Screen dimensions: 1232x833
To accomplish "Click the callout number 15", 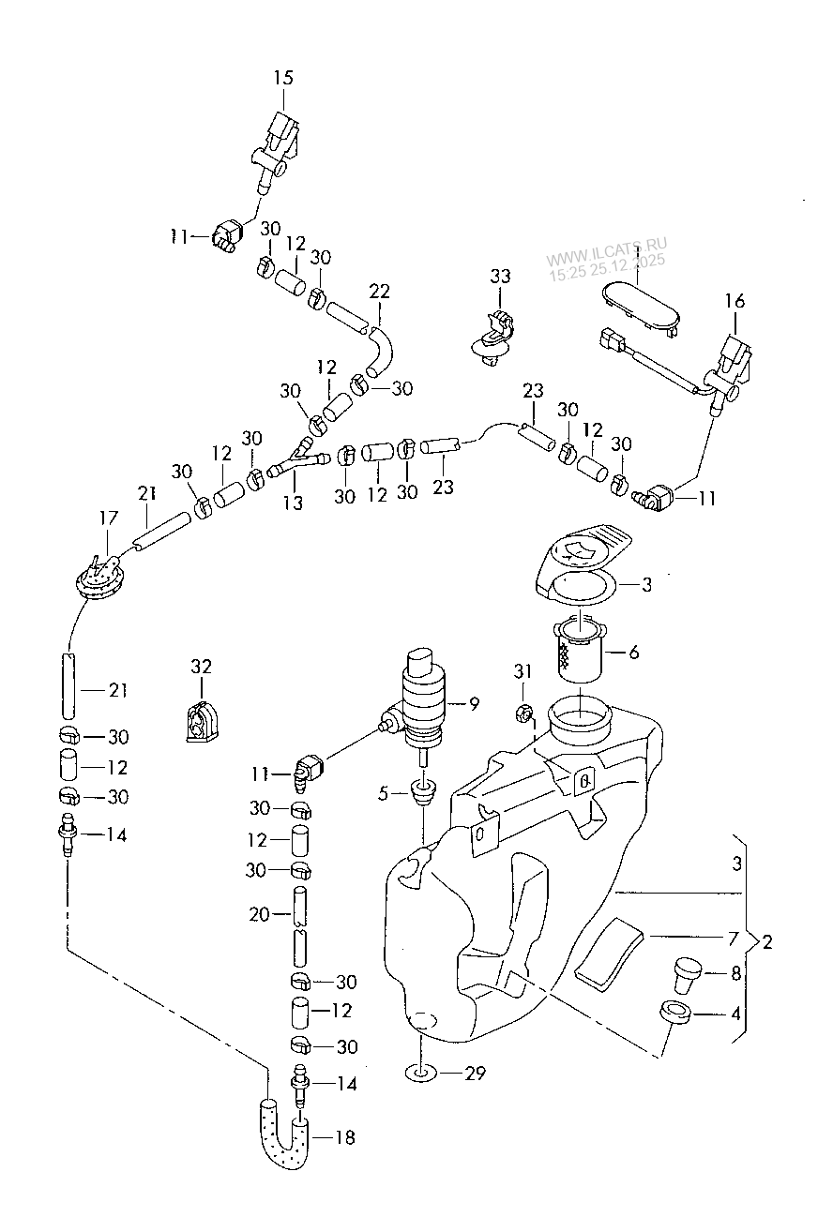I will (x=283, y=78).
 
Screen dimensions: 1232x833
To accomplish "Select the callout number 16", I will (x=735, y=301).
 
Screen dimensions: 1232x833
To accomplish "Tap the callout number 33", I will (x=500, y=276).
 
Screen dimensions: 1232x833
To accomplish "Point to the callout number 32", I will (x=202, y=667).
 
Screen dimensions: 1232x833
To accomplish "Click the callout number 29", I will (x=476, y=1074).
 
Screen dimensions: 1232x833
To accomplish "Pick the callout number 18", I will (x=345, y=1137).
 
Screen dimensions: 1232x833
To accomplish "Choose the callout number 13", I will (x=294, y=503).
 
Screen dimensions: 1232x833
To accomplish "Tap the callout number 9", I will (x=474, y=703).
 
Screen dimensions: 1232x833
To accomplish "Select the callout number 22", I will (x=379, y=292).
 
